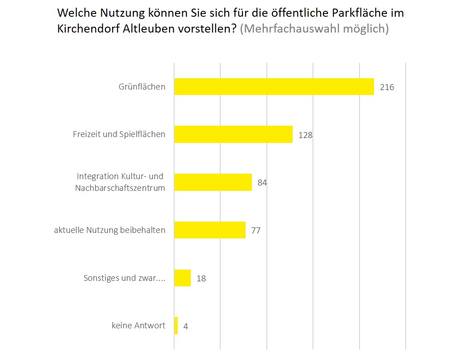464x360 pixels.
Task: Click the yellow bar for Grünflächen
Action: click(274, 86)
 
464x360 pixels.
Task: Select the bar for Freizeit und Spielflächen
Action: click(233, 134)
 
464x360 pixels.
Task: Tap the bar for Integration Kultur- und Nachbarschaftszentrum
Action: click(213, 182)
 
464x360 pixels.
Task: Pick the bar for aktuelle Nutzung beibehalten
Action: click(209, 230)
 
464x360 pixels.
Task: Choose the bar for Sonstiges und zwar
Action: click(182, 278)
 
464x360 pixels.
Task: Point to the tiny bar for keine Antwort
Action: click(176, 326)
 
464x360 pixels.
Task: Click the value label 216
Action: click(387, 87)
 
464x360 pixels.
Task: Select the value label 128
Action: click(305, 135)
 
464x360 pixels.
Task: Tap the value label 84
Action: click(262, 183)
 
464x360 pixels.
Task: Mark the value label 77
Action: click(256, 231)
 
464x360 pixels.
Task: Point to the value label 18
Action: click(201, 279)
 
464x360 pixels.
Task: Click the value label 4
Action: click(185, 326)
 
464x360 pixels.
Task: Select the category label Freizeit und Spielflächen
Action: click(119, 134)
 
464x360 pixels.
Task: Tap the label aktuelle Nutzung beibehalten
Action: click(109, 230)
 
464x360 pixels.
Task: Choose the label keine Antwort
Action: click(138, 325)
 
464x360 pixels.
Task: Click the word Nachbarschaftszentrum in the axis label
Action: click(120, 188)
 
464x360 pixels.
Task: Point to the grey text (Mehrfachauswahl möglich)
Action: click(314, 28)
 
